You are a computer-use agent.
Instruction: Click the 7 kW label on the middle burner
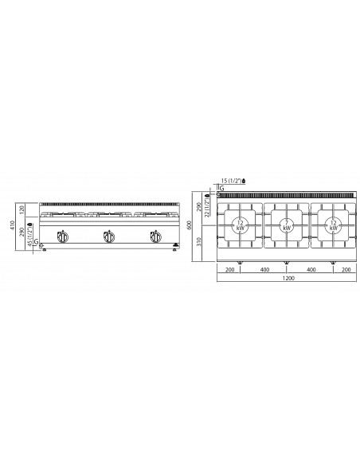[285, 225]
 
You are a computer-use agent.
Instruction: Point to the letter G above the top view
[221, 188]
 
